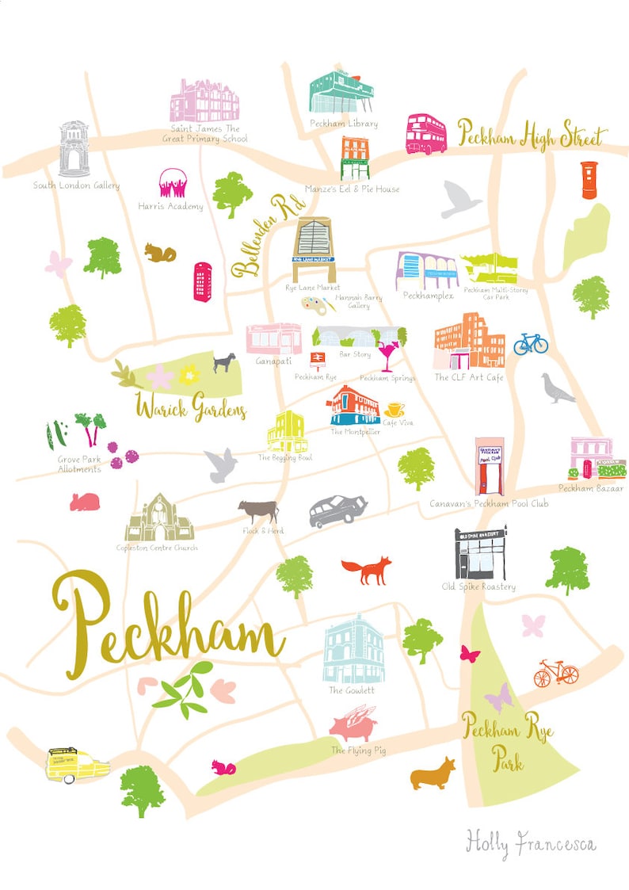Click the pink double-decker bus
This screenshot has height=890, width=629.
point(426,134)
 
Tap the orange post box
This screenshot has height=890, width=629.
point(588,180)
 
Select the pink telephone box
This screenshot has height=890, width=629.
point(203,281)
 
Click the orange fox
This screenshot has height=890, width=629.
point(367,569)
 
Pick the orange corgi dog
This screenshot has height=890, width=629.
point(433,773)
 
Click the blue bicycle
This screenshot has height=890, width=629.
point(531,342)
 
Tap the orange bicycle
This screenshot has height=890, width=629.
point(556,673)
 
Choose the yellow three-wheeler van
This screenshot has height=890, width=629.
point(77,764)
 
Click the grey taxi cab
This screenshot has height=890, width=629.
point(337,510)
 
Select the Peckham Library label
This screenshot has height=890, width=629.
point(343,124)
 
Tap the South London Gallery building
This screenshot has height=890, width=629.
point(74,149)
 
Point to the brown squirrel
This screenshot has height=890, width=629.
point(159,252)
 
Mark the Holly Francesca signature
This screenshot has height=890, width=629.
point(531,842)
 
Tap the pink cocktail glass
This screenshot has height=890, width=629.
point(388,354)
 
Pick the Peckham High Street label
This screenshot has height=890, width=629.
point(532,136)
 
